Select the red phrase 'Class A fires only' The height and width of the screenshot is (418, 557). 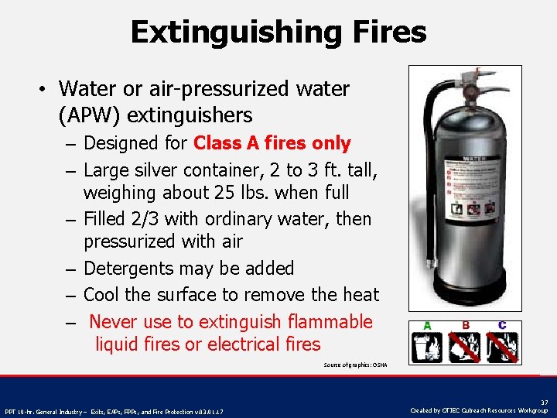pos(272,143)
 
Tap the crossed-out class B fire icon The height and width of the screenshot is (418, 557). pos(465,348)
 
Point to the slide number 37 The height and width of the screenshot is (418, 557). pos(544,403)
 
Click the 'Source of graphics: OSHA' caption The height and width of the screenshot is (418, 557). pos(355,365)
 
